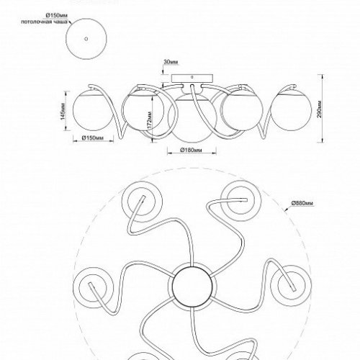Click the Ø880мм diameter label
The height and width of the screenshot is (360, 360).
302,204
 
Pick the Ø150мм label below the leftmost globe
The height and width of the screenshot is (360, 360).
94,137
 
